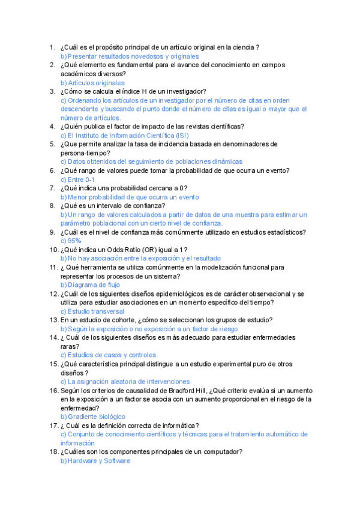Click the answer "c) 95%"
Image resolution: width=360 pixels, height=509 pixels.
(71, 241)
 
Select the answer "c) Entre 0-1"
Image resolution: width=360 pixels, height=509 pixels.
(77, 179)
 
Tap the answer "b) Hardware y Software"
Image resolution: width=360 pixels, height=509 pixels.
(95, 461)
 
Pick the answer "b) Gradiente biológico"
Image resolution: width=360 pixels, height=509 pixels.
(93, 417)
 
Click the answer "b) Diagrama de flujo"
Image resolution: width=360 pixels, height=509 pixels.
(91, 285)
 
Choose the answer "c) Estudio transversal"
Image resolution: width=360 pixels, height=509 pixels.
(92, 312)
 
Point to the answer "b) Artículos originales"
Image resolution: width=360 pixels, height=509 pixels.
(92, 83)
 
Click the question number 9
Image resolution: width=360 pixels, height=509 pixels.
(52, 232)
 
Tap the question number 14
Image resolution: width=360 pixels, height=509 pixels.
(52, 338)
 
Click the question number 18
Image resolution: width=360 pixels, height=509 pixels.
(52, 452)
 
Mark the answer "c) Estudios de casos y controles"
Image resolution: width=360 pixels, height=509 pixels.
(108, 355)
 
